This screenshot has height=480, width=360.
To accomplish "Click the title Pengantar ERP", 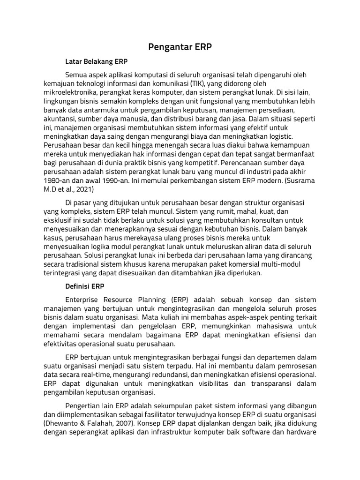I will click(x=180, y=47).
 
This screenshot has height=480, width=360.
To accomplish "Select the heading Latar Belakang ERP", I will click(x=97, y=61).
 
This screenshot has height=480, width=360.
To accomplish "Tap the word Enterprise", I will click(x=84, y=300).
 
